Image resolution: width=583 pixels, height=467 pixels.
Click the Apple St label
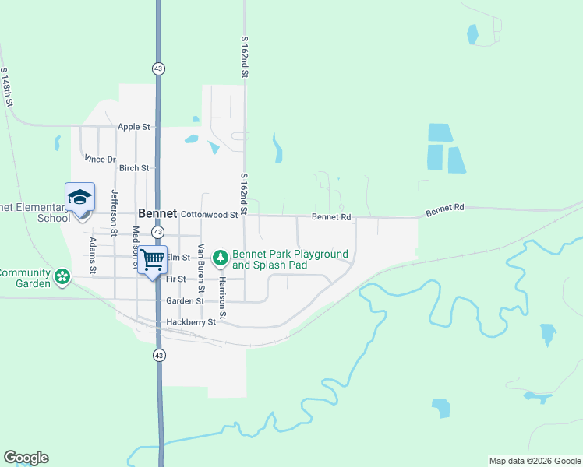pyautogui.click(x=133, y=127)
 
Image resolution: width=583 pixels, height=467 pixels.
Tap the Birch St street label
pyautogui.click(x=133, y=168)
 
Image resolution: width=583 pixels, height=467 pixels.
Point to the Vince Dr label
pyautogui.click(x=101, y=160)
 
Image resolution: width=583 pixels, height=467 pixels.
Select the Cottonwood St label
pyautogui.click(x=208, y=214)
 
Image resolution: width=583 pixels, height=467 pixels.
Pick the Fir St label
pyautogui.click(x=175, y=279)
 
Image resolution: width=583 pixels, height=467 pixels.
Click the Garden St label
pyautogui.click(x=184, y=301)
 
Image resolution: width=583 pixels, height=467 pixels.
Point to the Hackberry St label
pyautogui.click(x=190, y=322)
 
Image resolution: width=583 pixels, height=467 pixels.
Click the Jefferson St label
pyautogui.click(x=115, y=212)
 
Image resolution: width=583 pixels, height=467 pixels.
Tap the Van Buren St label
pyautogui.click(x=201, y=262)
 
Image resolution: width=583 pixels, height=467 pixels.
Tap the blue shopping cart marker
pyautogui.click(x=154, y=258)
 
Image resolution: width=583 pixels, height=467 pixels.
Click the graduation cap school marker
pyautogui.click(x=79, y=197)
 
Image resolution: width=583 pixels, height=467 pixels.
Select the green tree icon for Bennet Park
pyautogui.click(x=221, y=256)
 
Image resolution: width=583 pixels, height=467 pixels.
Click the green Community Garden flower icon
pyautogui.click(x=62, y=276)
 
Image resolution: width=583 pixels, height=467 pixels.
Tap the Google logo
pyautogui.click(x=26, y=458)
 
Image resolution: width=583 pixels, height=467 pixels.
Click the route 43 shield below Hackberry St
pyautogui.click(x=159, y=355)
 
